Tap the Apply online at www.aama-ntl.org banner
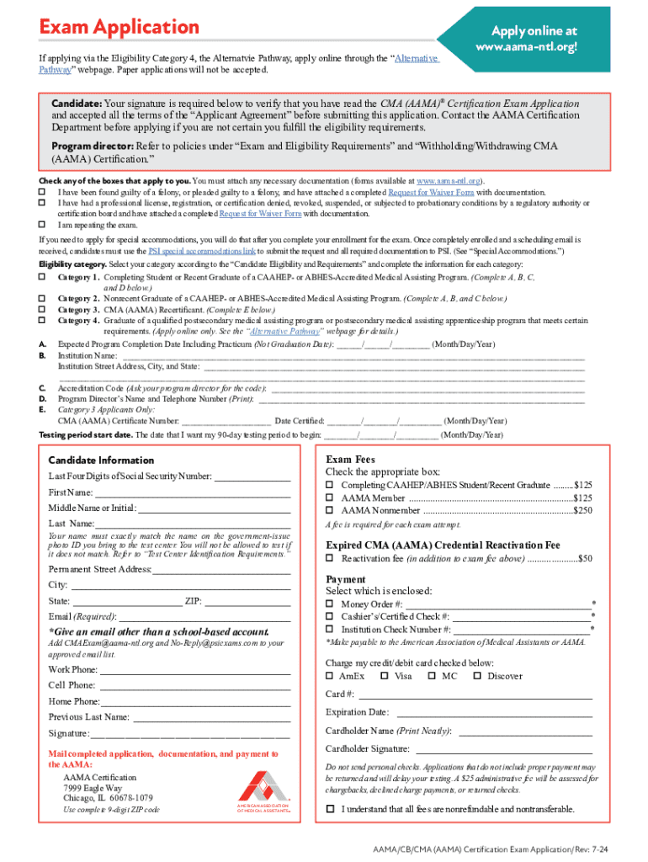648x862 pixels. [528, 38]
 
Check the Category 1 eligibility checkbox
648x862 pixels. [43, 277]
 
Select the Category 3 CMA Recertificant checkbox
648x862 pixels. [43, 309]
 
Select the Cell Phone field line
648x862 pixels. [194, 685]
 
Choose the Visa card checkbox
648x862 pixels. [385, 676]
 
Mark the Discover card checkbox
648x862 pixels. [477, 676]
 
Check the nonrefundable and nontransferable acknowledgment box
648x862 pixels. [330, 809]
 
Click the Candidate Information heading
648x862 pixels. [101, 460]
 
